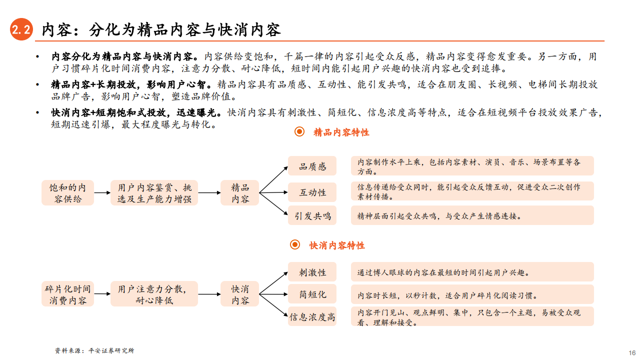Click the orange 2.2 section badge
(x=21, y=29)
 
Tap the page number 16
(x=632, y=353)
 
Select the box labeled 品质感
(x=312, y=166)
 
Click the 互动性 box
(x=312, y=192)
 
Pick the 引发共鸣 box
(x=312, y=215)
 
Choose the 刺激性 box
(x=312, y=272)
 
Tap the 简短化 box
(x=312, y=294)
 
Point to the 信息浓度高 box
(x=312, y=316)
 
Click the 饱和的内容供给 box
(x=67, y=193)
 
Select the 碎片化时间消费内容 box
(x=67, y=294)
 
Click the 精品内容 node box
(x=239, y=193)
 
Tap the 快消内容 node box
(x=239, y=294)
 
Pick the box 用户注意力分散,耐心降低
(x=154, y=294)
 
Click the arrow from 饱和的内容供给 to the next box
(x=102, y=193)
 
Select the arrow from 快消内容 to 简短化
(x=273, y=294)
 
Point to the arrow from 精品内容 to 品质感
(x=273, y=179)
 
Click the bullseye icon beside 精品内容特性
(x=299, y=131)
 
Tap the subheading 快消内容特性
(x=337, y=245)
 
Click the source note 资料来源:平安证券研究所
(x=94, y=350)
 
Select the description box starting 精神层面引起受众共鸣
(x=472, y=215)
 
